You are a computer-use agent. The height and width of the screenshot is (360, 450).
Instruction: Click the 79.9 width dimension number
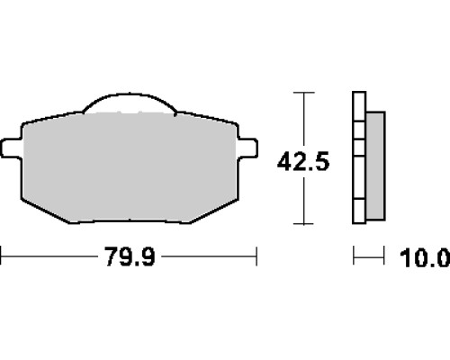[x=130, y=256]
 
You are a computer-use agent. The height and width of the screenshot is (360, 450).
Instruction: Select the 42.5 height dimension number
[x=303, y=162]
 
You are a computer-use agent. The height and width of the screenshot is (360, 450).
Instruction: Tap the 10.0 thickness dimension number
[x=425, y=258]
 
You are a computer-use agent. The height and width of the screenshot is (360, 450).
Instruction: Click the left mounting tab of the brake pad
[x=12, y=148]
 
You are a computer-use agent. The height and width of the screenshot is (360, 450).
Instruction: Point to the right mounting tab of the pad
[x=247, y=148]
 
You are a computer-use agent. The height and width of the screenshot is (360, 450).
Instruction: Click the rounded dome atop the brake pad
[x=130, y=103]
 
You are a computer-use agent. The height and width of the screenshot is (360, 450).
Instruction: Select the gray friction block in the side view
[x=375, y=166]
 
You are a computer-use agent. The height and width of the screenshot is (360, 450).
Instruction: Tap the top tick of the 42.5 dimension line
[x=304, y=93]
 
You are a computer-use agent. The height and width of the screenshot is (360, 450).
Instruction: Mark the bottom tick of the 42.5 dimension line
[x=304, y=224]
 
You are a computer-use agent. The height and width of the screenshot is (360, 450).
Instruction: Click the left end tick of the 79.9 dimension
[x=1, y=256]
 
